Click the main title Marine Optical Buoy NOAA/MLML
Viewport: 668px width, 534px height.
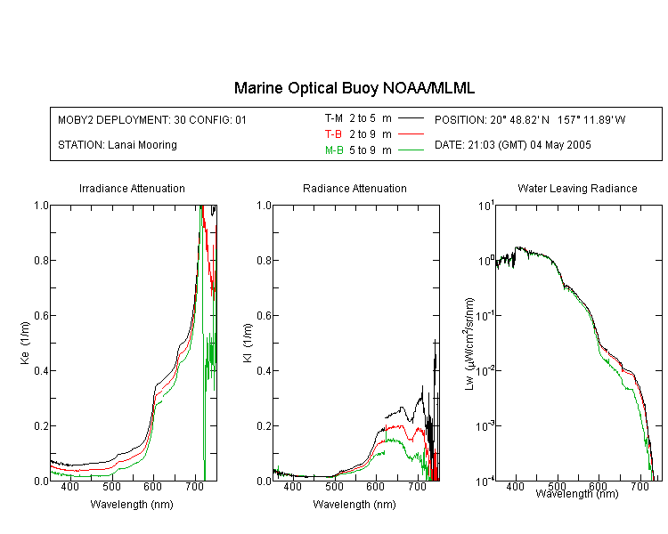[354, 88]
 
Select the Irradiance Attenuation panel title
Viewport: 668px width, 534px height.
[132, 189]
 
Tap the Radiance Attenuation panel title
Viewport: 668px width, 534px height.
[354, 189]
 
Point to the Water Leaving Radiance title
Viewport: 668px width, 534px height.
[577, 189]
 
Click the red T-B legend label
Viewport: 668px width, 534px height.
[333, 134]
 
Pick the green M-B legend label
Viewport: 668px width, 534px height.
[334, 150]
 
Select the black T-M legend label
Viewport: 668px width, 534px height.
[334, 118]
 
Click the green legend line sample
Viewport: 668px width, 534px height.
[411, 150]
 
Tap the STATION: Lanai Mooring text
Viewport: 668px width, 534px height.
[118, 145]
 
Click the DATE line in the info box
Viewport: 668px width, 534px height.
[513, 145]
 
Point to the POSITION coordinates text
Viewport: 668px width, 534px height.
[530, 120]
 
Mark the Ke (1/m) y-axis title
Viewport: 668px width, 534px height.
[25, 343]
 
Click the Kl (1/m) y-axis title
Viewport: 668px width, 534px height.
[248, 343]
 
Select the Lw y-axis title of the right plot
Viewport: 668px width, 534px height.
[469, 344]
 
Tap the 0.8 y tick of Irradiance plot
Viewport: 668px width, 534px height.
[41, 260]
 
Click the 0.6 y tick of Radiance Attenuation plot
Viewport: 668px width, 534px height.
[265, 316]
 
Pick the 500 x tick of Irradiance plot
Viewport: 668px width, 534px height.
[111, 487]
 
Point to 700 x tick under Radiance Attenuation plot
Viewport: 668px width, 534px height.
[418, 487]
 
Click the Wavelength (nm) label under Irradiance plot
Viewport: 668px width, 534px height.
[132, 505]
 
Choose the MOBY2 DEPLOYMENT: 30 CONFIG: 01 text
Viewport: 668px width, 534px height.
[152, 120]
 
